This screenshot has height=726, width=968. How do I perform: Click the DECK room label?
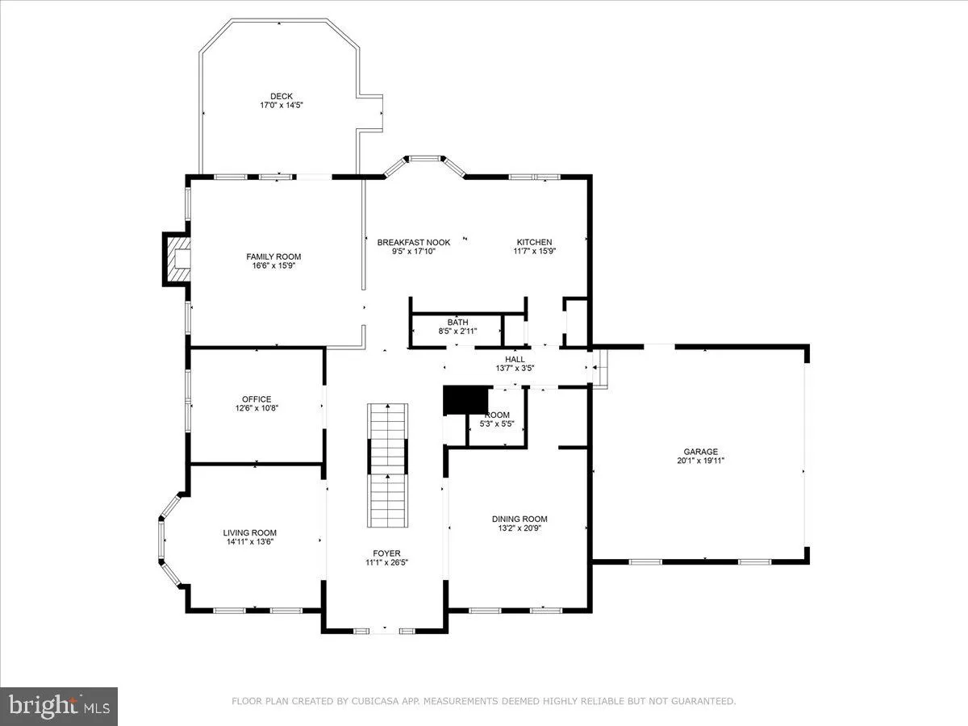282,96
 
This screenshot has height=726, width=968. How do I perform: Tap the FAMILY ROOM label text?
273,257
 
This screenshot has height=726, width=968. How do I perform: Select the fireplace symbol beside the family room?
177,259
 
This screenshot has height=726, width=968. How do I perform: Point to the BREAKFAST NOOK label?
413,242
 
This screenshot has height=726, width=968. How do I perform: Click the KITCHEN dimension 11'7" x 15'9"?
534,251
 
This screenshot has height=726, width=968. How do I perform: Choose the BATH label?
457,322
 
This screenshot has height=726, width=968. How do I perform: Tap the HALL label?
515,359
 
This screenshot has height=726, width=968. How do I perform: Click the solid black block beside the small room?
467,399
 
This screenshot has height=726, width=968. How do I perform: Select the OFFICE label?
257,398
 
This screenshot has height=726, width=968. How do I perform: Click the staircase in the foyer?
388,464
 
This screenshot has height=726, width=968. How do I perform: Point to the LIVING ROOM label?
249,532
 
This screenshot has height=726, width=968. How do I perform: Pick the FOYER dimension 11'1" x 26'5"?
386,562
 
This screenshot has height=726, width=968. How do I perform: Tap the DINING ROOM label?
519,519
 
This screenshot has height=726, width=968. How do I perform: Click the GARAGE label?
700,452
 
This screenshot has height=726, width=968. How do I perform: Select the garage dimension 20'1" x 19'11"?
700,461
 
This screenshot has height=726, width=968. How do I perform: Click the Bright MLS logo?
59,706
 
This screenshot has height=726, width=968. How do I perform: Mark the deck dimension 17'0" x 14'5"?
281,105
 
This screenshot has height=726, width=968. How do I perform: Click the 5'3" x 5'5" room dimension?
496,423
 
